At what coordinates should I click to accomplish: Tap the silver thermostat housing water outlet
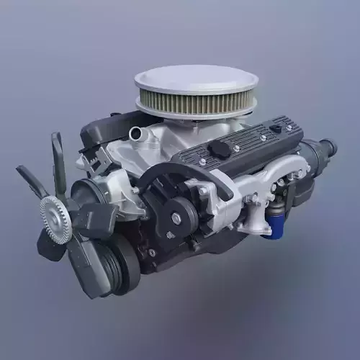(137, 133)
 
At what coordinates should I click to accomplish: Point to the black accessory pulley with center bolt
(176, 212)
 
